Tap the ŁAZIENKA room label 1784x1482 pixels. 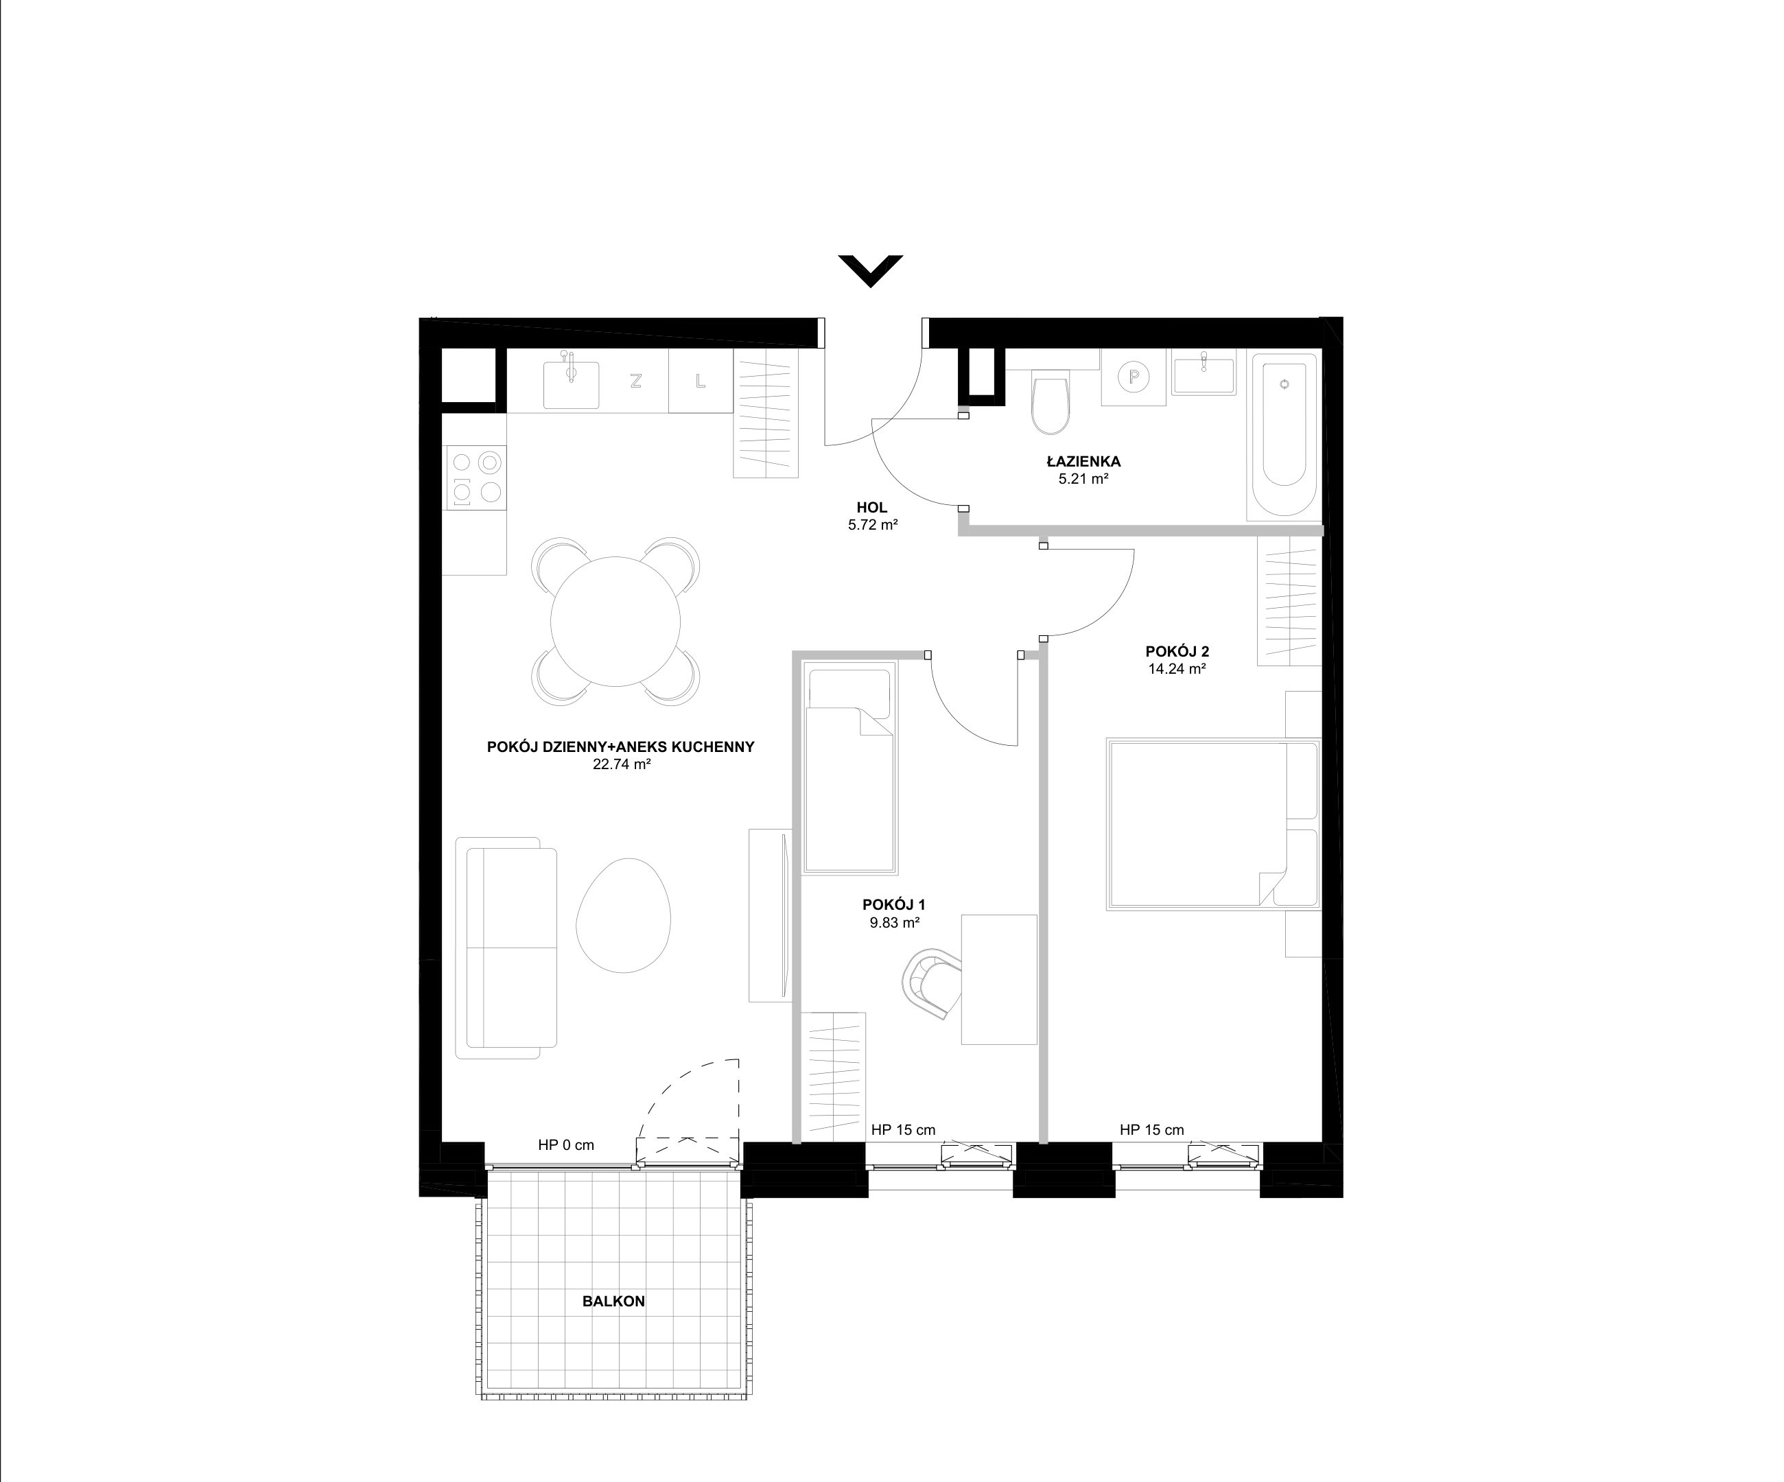[x=1083, y=462]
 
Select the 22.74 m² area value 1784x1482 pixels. [x=622, y=764]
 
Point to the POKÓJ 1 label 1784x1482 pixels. [x=893, y=906]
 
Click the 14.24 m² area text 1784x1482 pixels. [x=1177, y=668]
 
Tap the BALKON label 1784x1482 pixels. [x=613, y=1301]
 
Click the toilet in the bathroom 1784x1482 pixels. [x=1052, y=403]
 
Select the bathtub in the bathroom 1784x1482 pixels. [x=1284, y=436]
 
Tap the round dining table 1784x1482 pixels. [x=616, y=621]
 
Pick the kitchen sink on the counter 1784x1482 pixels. [x=571, y=384]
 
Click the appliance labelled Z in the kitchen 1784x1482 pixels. [x=635, y=382]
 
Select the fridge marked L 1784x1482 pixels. [x=701, y=382]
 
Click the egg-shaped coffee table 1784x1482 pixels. [x=624, y=915]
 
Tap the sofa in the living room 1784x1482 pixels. [x=506, y=948]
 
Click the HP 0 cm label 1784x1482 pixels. [x=566, y=1145]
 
